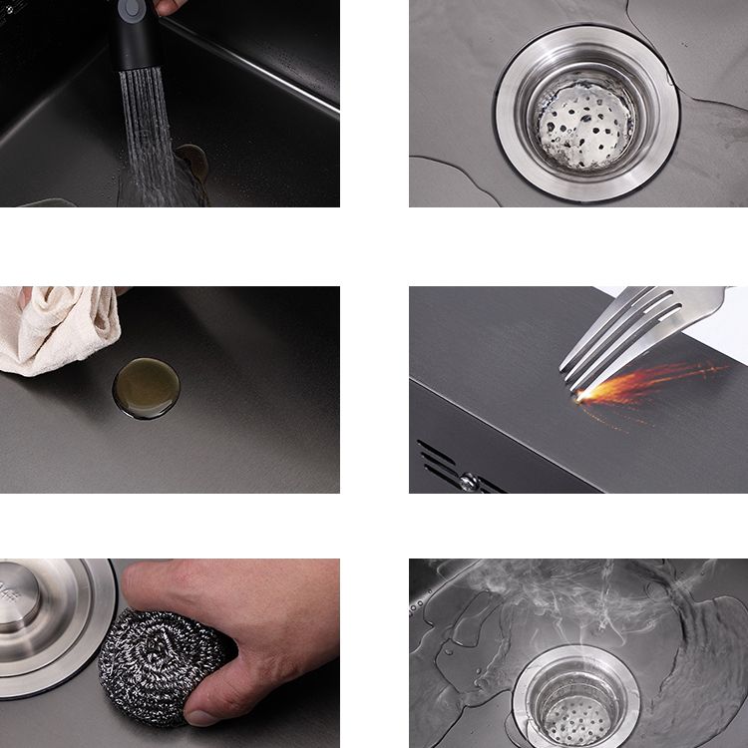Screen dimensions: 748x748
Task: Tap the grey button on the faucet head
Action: (x=131, y=8)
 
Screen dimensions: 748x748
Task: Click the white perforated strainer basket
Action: (x=585, y=126)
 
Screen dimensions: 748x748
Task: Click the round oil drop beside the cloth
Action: (x=147, y=388)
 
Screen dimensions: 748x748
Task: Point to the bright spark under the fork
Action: (x=582, y=396)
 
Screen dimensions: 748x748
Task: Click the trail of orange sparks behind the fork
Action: (x=658, y=380)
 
